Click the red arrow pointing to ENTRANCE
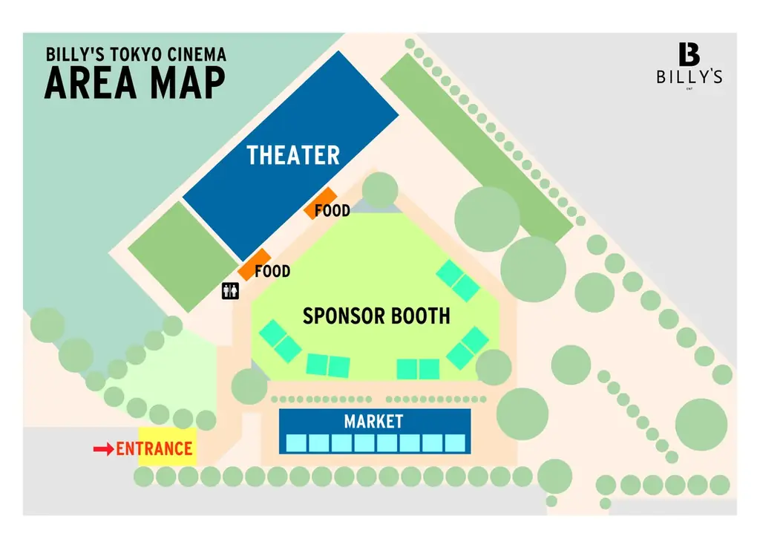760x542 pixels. click(103, 449)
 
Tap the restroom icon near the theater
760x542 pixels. click(230, 291)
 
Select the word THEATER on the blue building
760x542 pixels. click(293, 155)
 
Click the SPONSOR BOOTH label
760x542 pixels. click(376, 316)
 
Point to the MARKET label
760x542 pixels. click(374, 421)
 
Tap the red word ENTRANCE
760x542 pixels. click(154, 449)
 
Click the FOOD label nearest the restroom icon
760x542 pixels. click(272, 271)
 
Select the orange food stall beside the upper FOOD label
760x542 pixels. click(321, 203)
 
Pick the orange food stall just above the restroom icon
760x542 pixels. click(255, 265)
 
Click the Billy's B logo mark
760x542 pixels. click(689, 53)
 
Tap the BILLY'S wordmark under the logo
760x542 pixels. click(689, 76)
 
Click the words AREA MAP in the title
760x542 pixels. click(135, 83)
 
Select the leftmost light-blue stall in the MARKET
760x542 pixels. click(296, 443)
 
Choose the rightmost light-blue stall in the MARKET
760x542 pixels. click(455, 443)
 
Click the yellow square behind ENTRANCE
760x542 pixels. click(168, 446)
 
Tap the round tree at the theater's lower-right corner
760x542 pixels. click(380, 190)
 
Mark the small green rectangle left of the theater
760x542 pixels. click(183, 256)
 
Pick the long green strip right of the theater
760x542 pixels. click(477, 148)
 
